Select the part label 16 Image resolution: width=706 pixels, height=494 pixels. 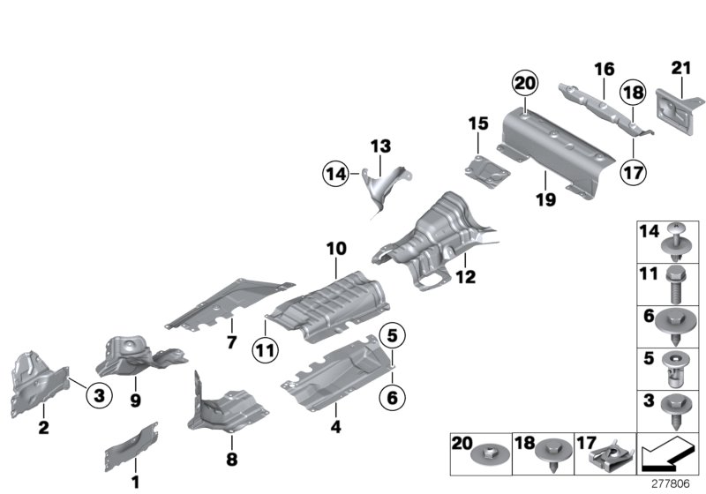pyautogui.click(x=603, y=69)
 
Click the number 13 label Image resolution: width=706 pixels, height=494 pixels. pyautogui.click(x=379, y=146)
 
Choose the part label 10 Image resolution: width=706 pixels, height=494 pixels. pyautogui.click(x=336, y=249)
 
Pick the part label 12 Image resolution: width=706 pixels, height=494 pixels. pyautogui.click(x=465, y=277)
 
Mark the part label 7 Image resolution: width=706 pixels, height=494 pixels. pyautogui.click(x=231, y=341)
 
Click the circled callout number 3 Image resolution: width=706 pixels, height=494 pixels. pyautogui.click(x=100, y=396)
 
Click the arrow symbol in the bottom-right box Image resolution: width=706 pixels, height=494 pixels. pyautogui.click(x=663, y=458)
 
